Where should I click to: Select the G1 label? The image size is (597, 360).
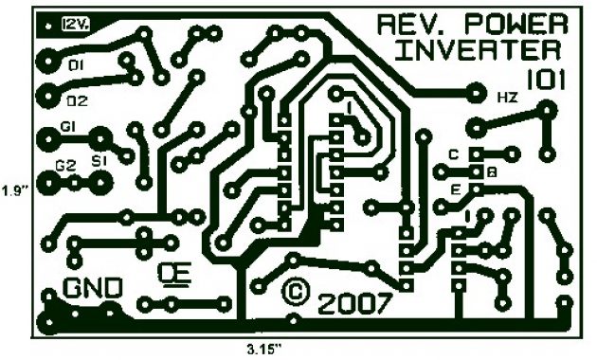click(68, 126)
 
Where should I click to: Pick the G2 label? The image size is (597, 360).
click(65, 164)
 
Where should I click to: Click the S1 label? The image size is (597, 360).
click(99, 163)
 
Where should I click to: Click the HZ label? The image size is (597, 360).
click(507, 98)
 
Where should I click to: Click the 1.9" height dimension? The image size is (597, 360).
click(14, 189)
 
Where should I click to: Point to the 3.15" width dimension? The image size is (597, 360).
click(265, 349)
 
